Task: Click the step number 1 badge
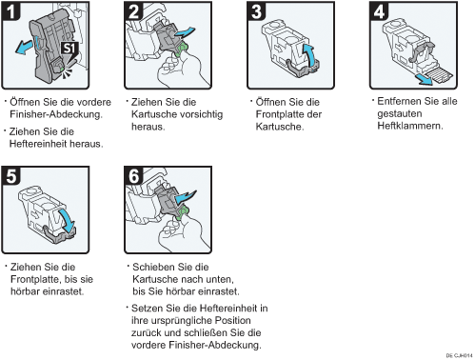(10, 10)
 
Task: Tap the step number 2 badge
(133, 10)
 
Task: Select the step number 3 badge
(256, 10)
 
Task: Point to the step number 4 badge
(379, 10)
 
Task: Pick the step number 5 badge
(10, 175)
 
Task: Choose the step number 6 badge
(133, 175)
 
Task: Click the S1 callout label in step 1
(69, 49)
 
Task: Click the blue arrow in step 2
(185, 32)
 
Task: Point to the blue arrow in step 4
(425, 80)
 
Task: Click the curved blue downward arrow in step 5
(68, 220)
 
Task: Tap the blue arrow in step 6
(186, 197)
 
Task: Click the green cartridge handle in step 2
(182, 50)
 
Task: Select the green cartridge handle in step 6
(182, 212)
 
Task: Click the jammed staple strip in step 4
(440, 75)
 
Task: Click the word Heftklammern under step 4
(410, 126)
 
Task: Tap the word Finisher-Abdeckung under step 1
(56, 114)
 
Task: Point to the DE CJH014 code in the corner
(459, 355)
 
